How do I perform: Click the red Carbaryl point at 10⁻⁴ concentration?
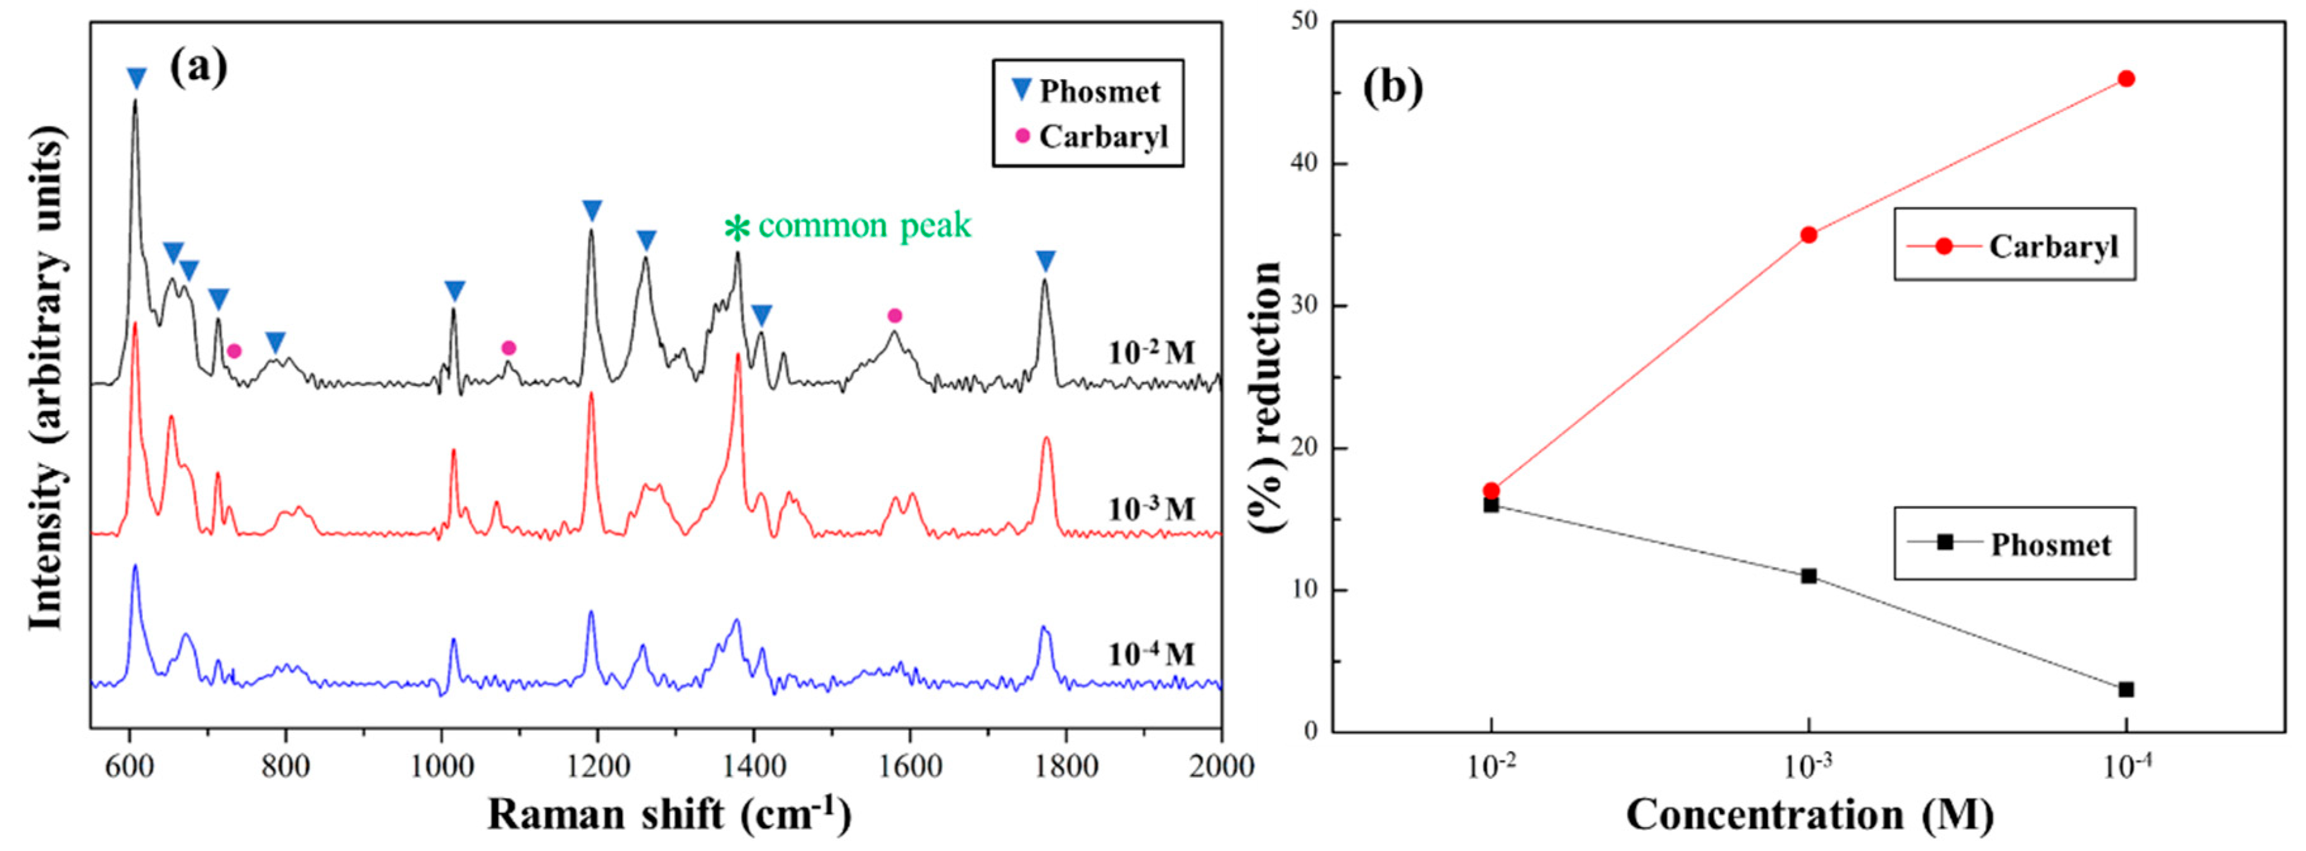2126,78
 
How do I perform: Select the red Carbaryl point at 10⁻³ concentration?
1808,235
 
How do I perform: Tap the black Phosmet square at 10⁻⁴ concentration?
2126,690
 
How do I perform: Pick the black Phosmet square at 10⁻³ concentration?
1808,576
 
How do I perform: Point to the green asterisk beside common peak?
737,229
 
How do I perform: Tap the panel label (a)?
199,66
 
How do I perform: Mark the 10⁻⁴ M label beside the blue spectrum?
1151,654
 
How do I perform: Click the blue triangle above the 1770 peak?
1045,261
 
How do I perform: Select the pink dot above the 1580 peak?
894,315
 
